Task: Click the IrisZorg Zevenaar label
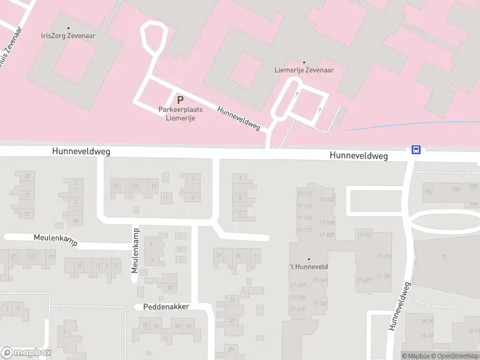[68, 35]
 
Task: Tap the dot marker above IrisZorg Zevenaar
[68, 28]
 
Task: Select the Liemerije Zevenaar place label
[304, 70]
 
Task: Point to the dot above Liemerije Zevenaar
[304, 62]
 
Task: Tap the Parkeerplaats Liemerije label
[180, 113]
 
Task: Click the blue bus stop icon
[416, 150]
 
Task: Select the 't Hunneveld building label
[309, 266]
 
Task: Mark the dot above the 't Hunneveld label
[309, 259]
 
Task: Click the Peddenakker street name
[166, 307]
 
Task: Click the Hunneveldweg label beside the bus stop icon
[358, 155]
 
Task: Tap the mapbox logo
[26, 353]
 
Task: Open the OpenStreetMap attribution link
[455, 356]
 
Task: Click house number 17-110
[305, 193]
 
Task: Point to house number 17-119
[298, 309]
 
